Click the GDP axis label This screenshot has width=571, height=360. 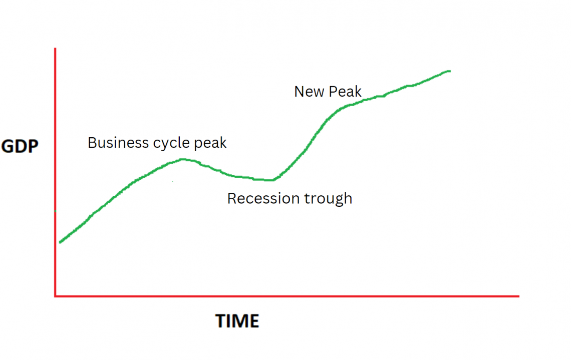[x=21, y=146]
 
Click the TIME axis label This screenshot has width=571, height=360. [x=237, y=321]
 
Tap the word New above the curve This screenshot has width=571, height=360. [x=309, y=92]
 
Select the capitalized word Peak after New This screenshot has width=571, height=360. [x=345, y=92]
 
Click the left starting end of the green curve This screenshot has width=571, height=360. [x=60, y=242]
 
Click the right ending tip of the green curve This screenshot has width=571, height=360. [x=449, y=71]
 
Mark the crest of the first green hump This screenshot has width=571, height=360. [x=183, y=159]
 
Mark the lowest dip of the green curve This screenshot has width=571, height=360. [x=269, y=180]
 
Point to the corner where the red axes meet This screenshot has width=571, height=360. [x=55, y=296]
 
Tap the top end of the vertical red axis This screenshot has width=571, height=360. [x=55, y=49]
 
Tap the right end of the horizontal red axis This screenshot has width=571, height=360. [x=518, y=296]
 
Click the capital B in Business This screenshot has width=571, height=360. [x=92, y=143]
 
